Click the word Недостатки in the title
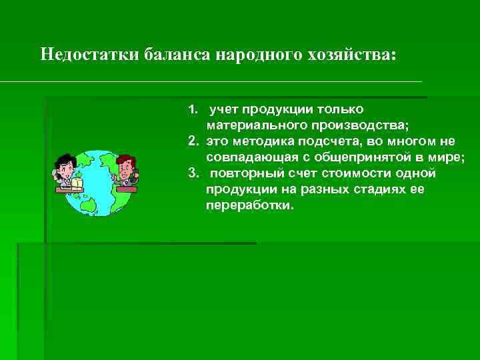pyautogui.click(x=89, y=54)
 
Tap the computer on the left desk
pyautogui.click(x=76, y=181)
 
